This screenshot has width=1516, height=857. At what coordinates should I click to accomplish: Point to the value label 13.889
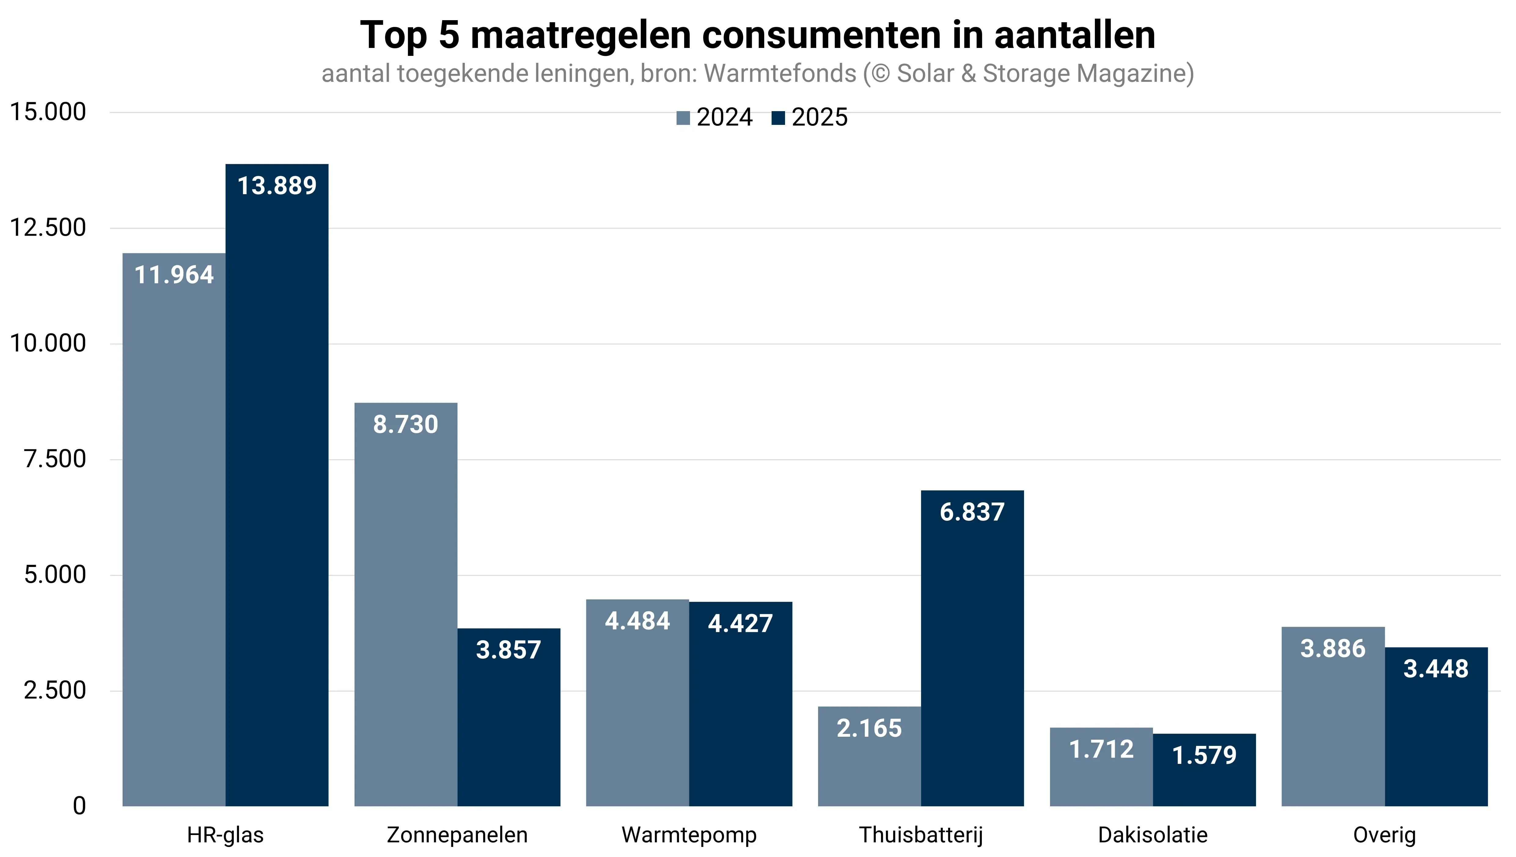click(277, 186)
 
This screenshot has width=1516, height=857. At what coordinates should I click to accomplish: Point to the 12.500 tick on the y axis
click(48, 228)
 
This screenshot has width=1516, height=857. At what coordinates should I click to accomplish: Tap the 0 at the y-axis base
click(79, 806)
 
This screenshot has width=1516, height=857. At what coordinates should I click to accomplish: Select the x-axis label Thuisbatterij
click(920, 835)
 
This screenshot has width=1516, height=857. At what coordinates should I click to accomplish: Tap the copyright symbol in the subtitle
click(880, 74)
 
